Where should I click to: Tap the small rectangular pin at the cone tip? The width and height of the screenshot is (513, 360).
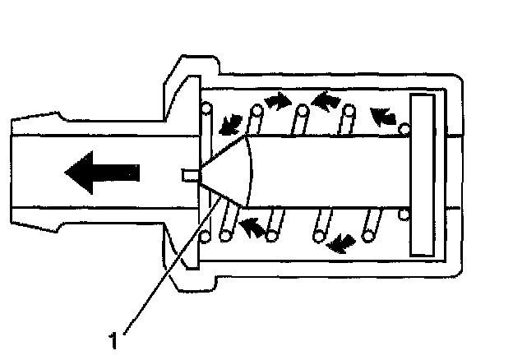[190, 173]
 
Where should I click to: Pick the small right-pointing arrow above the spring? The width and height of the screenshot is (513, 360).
[279, 101]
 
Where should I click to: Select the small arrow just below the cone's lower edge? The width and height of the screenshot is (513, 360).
[256, 226]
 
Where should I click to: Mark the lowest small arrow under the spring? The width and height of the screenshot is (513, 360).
[340, 242]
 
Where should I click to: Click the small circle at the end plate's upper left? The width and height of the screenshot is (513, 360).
[404, 128]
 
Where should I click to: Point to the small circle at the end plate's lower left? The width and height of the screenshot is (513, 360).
[404, 215]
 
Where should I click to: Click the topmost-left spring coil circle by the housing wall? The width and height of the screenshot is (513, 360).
[206, 106]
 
